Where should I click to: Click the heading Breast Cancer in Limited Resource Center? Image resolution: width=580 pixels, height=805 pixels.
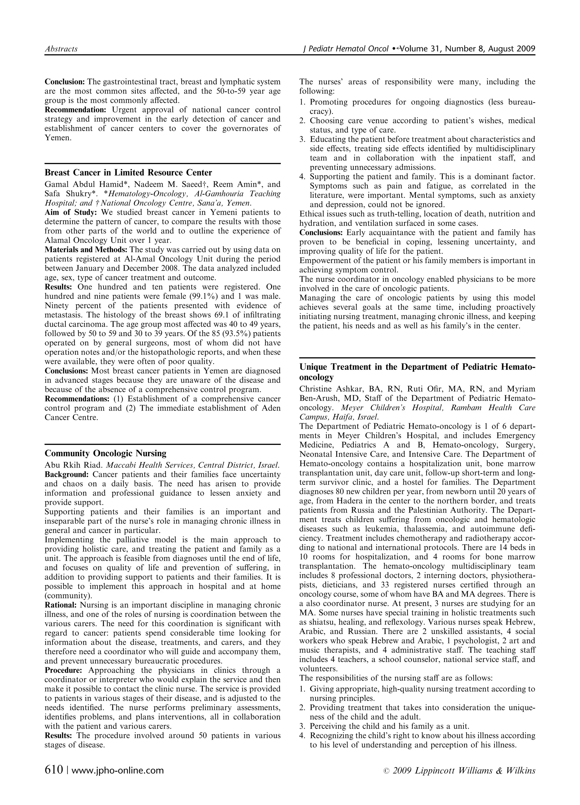click(x=128, y=173)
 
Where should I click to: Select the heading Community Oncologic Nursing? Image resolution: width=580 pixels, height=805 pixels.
click(x=105, y=453)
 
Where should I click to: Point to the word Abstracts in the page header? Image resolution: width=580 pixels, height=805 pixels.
click(x=61, y=49)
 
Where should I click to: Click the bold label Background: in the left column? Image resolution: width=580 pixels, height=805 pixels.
click(x=67, y=475)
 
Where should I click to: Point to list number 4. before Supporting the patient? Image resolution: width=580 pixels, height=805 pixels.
click(x=302, y=177)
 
